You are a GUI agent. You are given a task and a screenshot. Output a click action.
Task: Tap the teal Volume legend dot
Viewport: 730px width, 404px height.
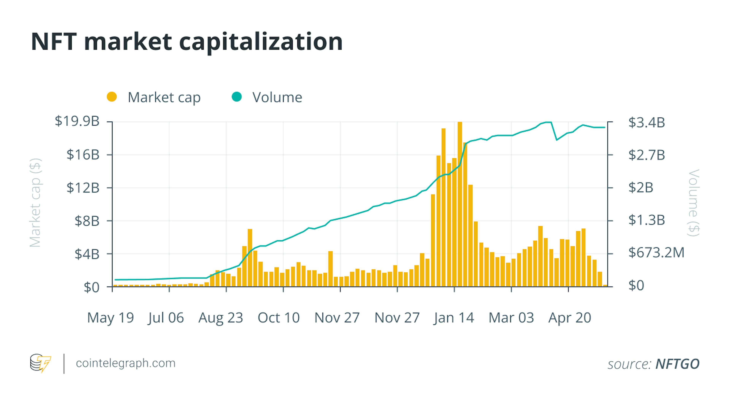coord(237,97)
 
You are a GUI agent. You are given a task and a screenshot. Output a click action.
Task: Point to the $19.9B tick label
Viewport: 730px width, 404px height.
coord(77,121)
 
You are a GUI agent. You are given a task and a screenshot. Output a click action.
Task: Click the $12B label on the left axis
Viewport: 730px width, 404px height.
coord(83,188)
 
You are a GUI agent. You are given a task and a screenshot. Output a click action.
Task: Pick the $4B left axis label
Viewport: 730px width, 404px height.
coord(87,254)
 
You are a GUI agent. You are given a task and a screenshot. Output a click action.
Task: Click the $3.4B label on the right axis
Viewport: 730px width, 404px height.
coord(646,123)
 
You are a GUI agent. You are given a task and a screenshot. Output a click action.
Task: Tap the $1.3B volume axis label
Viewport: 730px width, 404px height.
coord(646,220)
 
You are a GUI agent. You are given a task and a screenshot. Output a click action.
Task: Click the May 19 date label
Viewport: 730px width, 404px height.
coord(110,318)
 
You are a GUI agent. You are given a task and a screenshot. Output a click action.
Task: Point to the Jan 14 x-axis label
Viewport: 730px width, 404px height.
coord(454,318)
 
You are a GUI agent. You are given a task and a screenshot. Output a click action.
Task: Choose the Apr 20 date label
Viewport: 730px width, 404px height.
coord(570,318)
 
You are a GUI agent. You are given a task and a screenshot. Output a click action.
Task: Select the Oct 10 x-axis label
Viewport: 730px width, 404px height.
coord(279,318)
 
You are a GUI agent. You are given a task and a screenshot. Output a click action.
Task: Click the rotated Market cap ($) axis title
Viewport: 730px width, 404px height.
coord(35,203)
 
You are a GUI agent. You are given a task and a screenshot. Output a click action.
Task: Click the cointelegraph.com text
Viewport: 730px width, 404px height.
coord(125,363)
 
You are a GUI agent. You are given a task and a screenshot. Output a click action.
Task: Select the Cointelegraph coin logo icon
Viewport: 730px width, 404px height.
coord(40,363)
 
